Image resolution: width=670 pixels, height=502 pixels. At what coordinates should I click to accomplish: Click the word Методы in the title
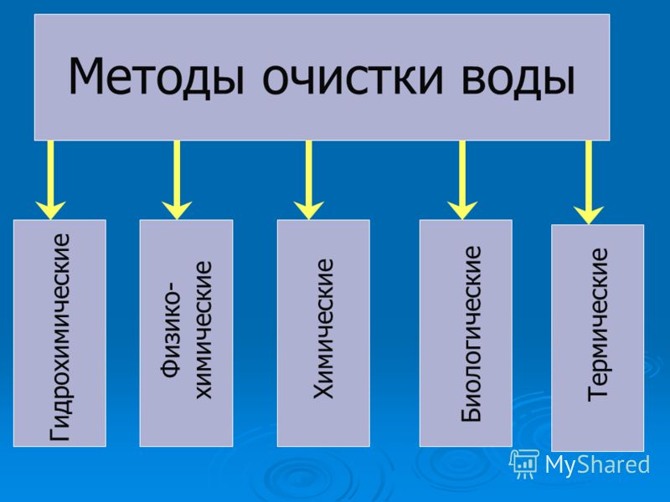157,77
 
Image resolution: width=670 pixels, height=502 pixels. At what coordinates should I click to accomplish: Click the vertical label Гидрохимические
59,337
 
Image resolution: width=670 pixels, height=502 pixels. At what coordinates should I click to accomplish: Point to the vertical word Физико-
172,329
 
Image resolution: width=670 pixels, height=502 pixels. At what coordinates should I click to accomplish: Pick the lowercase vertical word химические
204,330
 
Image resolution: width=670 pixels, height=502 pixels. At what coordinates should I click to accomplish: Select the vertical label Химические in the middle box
323,329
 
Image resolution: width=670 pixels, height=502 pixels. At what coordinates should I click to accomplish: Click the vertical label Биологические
472,334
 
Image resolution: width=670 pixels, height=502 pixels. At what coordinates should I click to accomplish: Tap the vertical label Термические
597,325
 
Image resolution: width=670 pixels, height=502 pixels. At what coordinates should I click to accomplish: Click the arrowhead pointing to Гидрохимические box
50,211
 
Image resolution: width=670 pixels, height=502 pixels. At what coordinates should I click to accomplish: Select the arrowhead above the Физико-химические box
177,211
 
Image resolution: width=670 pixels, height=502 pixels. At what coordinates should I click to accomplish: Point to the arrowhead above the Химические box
308,211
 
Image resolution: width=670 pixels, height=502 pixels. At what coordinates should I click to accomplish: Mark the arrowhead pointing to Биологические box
462,211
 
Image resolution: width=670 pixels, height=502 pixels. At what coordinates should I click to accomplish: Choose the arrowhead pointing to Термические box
589,215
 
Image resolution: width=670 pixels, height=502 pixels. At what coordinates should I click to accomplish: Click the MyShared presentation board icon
524,464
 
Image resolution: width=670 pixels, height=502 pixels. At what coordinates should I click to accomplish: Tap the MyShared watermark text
597,464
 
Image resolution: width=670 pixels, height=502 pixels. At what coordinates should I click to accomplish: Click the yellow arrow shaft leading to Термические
589,175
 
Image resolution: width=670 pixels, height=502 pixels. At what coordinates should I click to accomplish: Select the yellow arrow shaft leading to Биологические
462,173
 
